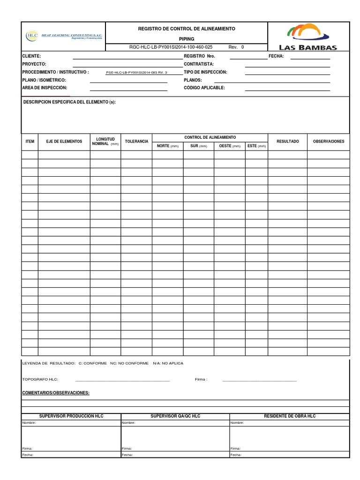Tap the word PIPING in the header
187,38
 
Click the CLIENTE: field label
32,56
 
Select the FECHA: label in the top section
277,56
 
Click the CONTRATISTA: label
199,64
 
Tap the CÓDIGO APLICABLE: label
204,88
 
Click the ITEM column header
30,142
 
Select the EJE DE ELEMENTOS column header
64,142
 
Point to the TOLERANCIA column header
136,142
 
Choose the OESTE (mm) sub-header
230,146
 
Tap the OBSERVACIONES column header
328,142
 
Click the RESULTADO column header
288,142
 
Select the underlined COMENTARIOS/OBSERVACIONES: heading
56,392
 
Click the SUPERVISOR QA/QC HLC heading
175,416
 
